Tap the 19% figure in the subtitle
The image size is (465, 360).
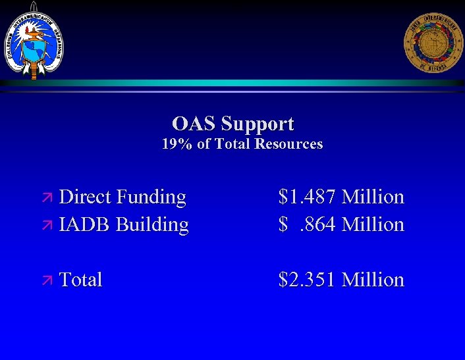click(177, 144)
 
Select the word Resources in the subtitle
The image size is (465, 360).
click(289, 144)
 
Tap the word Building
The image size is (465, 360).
click(152, 225)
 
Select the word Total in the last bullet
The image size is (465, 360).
click(80, 280)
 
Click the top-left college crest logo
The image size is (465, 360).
click(34, 39)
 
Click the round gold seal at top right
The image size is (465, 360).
click(433, 42)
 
